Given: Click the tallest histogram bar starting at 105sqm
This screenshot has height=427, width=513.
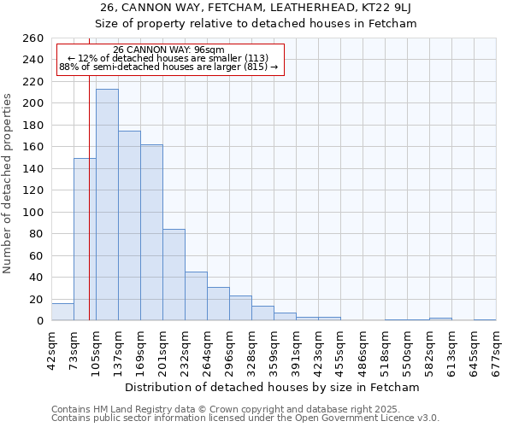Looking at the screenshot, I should point(107,205).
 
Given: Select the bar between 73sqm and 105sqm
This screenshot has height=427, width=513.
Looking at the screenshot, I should point(85,239).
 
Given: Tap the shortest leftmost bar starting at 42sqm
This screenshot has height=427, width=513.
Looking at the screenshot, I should point(62,313).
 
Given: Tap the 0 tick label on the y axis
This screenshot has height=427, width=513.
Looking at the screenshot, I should point(39,321).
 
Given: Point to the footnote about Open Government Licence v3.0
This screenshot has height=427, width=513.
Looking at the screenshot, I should point(245,418).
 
